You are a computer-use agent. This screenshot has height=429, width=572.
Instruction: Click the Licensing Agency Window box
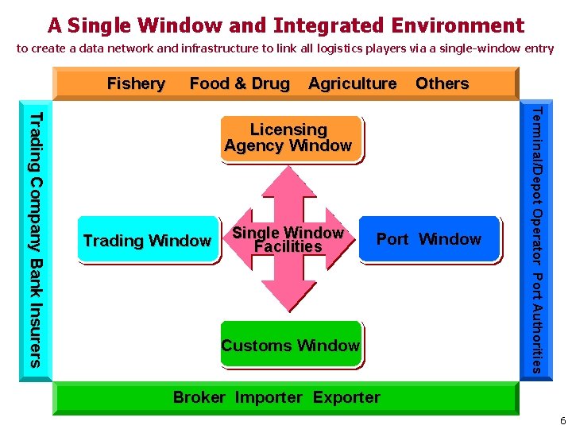click(x=288, y=138)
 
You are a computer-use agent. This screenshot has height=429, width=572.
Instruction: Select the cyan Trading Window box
click(x=148, y=239)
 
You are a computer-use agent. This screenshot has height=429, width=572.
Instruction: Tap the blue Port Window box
click(x=429, y=239)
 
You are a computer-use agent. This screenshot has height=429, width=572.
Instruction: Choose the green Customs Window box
click(x=290, y=345)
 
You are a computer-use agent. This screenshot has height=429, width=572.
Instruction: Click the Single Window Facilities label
click(x=288, y=240)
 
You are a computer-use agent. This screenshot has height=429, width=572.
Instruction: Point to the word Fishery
click(x=136, y=83)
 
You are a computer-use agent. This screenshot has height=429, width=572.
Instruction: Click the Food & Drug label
click(x=240, y=83)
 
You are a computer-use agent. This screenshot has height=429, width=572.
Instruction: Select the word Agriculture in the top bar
click(x=352, y=83)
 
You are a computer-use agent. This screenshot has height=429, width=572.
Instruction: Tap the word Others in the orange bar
click(x=442, y=83)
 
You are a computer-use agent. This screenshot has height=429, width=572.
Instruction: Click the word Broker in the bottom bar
click(x=199, y=397)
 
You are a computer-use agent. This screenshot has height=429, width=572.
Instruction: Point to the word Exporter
click(x=346, y=397)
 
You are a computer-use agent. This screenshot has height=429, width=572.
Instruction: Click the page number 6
click(x=562, y=421)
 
